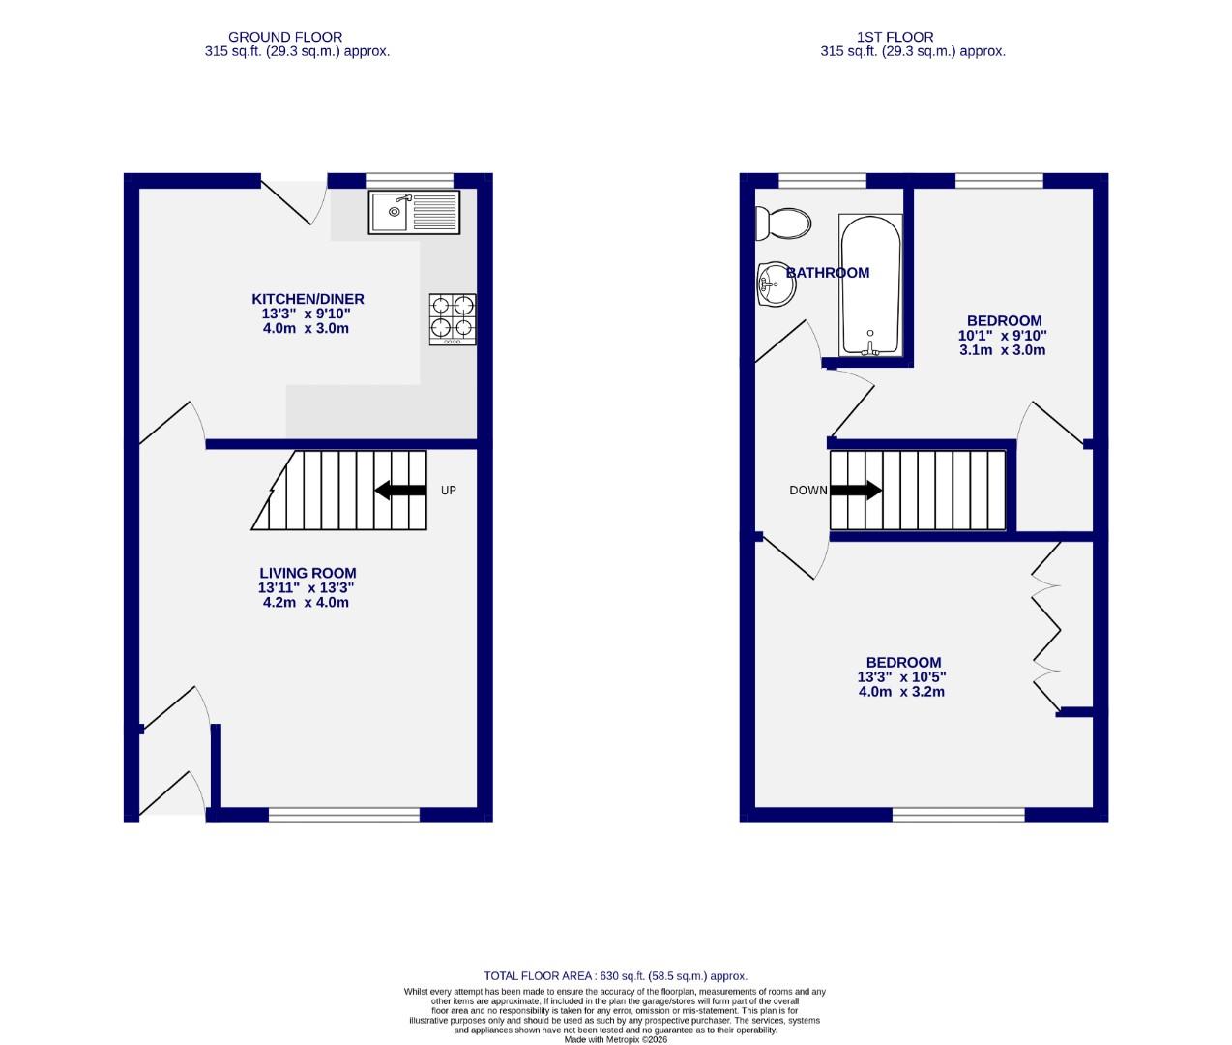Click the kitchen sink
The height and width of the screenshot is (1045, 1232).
pyautogui.click(x=414, y=212)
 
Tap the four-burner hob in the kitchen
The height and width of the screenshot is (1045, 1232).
pyautogui.click(x=453, y=319)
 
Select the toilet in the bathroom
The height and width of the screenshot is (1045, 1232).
pyautogui.click(x=782, y=224)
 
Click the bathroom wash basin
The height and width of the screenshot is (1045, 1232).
pyautogui.click(x=774, y=284)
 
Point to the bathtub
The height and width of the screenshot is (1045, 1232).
pyautogui.click(x=870, y=285)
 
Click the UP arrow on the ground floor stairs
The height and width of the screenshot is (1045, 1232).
pyautogui.click(x=400, y=491)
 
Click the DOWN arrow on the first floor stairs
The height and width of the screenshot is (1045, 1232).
pyautogui.click(x=856, y=491)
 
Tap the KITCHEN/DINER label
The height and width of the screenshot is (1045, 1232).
pyautogui.click(x=308, y=299)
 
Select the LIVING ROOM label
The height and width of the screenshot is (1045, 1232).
pyautogui.click(x=308, y=573)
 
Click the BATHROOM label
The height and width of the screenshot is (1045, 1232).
pyautogui.click(x=828, y=273)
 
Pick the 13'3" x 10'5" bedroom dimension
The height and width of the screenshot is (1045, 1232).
pyautogui.click(x=901, y=677)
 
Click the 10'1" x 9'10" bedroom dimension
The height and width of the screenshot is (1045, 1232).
pyautogui.click(x=1003, y=336)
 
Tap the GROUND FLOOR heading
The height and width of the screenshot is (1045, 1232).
pyautogui.click(x=285, y=38)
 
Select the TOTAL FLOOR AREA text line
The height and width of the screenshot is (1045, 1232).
pyautogui.click(x=615, y=976)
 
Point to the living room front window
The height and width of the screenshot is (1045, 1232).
pyautogui.click(x=343, y=816)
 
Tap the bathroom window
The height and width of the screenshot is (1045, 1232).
pyautogui.click(x=822, y=180)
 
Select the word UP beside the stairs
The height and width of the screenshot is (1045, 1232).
pyautogui.click(x=448, y=491)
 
